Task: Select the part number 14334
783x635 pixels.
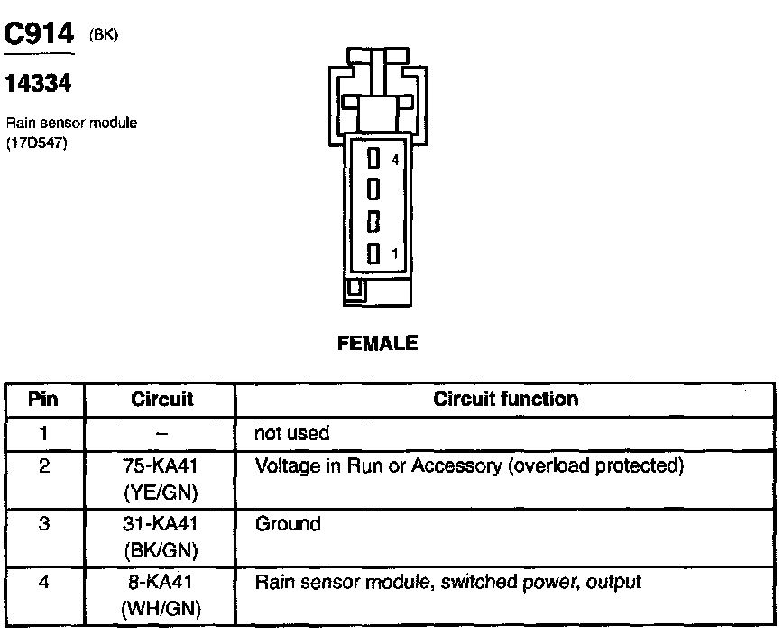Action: [x=38, y=85]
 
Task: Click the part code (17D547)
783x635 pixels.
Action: [x=37, y=142]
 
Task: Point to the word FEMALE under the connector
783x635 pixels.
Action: [x=377, y=344]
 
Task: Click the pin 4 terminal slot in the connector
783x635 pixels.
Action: [x=372, y=160]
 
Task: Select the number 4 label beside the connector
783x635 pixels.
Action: [x=394, y=160]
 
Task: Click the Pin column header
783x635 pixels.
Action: [x=43, y=400]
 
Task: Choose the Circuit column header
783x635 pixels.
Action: [x=161, y=400]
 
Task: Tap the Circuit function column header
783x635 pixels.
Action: [x=506, y=399]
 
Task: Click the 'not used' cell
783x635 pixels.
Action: [x=292, y=434]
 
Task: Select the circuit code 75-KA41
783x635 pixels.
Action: [x=161, y=467]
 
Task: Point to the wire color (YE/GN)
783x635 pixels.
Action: [x=161, y=492]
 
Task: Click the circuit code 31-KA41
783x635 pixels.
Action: [x=161, y=524]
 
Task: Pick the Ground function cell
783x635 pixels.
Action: [x=288, y=524]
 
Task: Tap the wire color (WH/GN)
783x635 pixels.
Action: [x=161, y=608]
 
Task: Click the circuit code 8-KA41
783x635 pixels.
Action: [x=161, y=583]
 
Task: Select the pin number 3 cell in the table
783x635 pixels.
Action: [x=43, y=524]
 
